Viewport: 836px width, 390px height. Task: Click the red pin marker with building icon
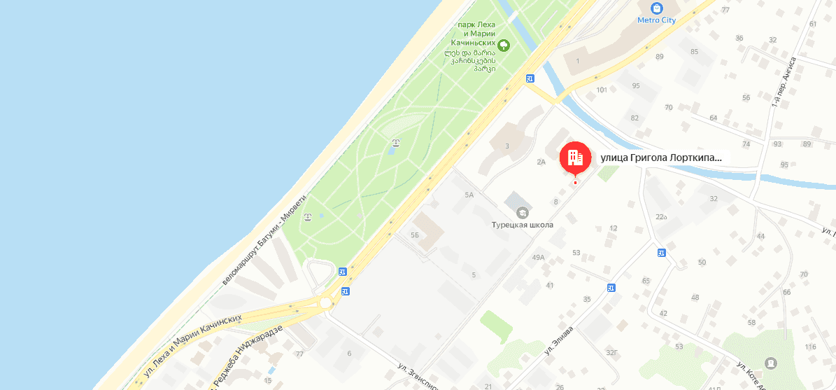[x=574, y=158]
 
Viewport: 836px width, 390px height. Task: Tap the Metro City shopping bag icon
[x=656, y=8]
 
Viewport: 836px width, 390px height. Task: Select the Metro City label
[x=656, y=20]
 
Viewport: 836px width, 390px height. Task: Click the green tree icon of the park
[x=503, y=46]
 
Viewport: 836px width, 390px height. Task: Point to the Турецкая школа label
[x=522, y=225]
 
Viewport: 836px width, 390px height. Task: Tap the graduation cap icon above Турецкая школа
[x=522, y=212]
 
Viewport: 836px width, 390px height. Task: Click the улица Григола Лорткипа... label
[x=660, y=158]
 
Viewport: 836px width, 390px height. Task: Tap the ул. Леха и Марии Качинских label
[x=192, y=347]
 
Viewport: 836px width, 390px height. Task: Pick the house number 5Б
[x=416, y=235]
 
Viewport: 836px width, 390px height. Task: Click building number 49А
[x=538, y=258]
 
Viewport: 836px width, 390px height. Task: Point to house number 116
[x=810, y=347]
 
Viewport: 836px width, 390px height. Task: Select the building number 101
[x=602, y=90]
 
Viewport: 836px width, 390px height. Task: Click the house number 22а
[x=661, y=216]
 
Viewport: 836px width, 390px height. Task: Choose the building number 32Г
[x=612, y=352]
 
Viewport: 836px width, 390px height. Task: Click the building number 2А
[x=540, y=162]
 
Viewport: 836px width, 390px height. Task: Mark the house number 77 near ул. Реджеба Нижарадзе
[x=299, y=354]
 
